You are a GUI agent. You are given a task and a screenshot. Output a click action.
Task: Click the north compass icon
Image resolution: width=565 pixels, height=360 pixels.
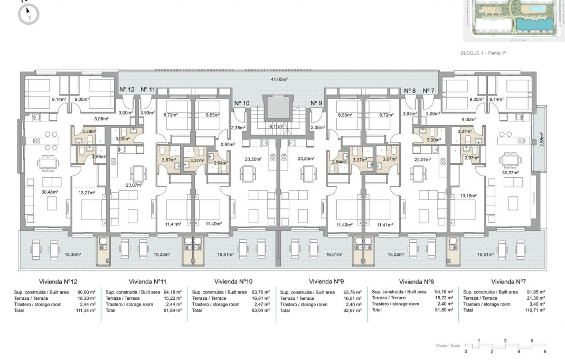[29, 14]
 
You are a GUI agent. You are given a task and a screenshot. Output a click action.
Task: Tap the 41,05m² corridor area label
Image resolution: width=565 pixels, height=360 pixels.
[279, 79]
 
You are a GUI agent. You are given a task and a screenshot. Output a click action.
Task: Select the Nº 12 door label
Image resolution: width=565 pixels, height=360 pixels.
[127, 90]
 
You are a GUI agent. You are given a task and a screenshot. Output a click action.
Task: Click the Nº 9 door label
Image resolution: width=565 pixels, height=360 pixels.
[316, 103]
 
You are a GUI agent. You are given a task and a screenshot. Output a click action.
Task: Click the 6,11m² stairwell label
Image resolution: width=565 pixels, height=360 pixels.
[277, 127]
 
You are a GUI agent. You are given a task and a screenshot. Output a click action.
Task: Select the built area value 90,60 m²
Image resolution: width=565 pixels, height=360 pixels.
[86, 292]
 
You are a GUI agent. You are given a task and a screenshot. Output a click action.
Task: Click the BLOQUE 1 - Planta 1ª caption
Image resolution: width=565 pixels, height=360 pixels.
[479, 53]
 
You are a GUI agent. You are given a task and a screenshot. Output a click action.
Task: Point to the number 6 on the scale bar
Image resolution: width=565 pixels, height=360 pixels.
[544, 351]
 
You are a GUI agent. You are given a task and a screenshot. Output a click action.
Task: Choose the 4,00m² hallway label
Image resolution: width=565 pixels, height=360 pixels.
[468, 119]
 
